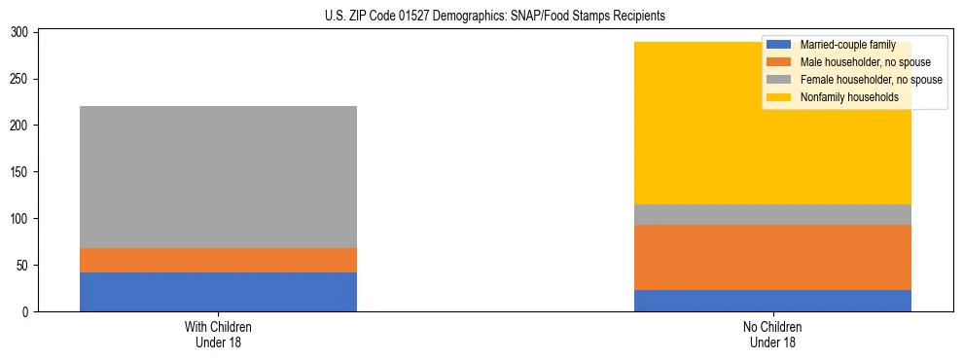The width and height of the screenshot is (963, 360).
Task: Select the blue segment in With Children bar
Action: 218,292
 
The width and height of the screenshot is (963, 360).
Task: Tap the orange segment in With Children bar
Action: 218,261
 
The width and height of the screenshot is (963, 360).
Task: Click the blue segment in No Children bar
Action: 772,301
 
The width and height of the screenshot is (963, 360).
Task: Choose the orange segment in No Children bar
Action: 772,258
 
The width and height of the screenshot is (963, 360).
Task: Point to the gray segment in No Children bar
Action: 772,214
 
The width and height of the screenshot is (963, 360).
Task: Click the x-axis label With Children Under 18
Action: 218,334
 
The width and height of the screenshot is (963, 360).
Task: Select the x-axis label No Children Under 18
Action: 772,334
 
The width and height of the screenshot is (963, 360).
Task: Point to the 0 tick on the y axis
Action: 27,312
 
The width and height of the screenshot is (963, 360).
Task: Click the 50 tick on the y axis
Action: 24,266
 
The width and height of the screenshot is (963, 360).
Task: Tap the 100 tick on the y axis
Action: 21,219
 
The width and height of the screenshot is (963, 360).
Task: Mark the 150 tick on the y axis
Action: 21,172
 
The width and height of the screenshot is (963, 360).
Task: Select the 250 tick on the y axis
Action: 21,79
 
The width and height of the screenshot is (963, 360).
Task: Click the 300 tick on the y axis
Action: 21,32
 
